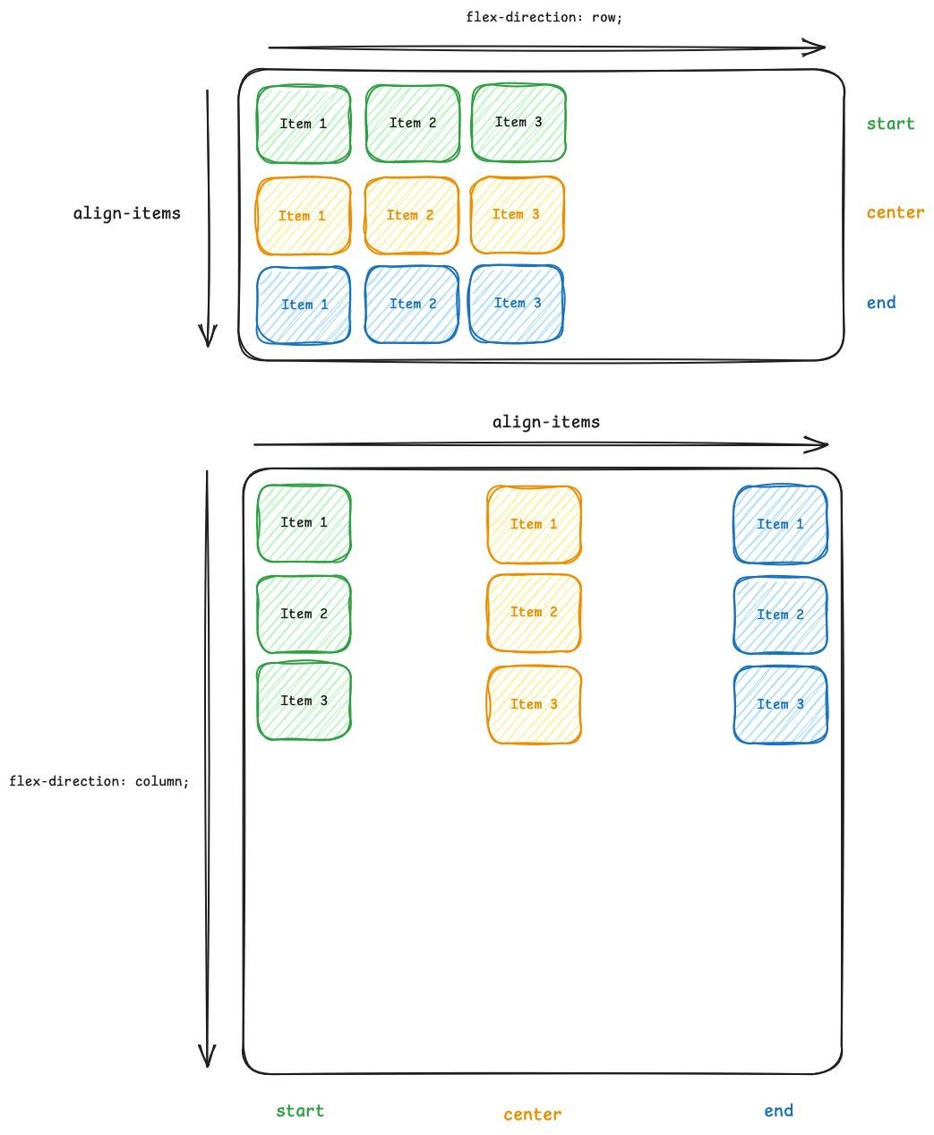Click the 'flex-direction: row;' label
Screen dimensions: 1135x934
[x=544, y=17]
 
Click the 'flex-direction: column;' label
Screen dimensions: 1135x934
[x=99, y=781]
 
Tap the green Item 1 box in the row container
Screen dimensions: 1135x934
[x=304, y=125]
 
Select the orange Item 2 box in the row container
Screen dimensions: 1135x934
[x=411, y=216]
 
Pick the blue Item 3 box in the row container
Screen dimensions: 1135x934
[x=517, y=304]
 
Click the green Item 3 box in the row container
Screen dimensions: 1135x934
[x=518, y=123]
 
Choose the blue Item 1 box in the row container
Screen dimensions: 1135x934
[x=304, y=305]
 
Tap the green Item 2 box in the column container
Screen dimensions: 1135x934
[x=304, y=615]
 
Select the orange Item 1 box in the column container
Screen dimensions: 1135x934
[x=534, y=525]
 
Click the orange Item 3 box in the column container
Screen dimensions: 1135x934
[x=534, y=705]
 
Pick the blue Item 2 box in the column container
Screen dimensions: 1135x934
[x=780, y=615]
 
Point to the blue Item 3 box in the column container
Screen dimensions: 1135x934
[x=780, y=705]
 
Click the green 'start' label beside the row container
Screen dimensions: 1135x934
[x=890, y=124]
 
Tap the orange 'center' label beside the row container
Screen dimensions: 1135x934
[x=895, y=213]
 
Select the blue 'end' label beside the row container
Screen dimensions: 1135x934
[x=881, y=303]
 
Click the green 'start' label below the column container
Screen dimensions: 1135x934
[x=300, y=1111]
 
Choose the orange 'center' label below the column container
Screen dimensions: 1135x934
[x=533, y=1114]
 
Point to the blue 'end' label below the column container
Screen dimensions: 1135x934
[x=778, y=1111]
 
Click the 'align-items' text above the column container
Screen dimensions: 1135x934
[x=545, y=422]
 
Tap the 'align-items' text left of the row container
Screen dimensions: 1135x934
[x=126, y=213]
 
